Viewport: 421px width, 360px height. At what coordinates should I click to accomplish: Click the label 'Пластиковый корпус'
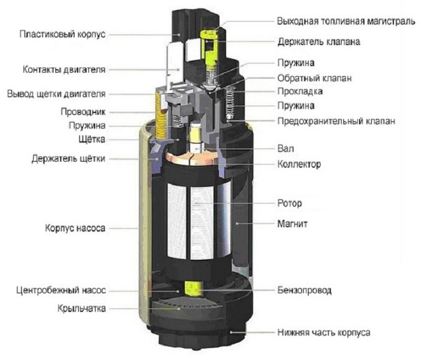(x=63, y=34)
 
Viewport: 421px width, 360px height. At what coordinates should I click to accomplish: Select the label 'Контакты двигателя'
(x=64, y=70)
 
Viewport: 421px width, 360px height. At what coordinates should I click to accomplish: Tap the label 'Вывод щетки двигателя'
(x=56, y=94)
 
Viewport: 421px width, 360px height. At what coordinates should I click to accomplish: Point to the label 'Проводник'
(x=83, y=112)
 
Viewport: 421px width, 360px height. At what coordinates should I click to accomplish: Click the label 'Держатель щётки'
(x=68, y=159)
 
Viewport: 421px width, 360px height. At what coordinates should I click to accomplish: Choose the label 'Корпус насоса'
(x=75, y=228)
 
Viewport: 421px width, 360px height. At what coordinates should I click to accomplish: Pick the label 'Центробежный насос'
(x=61, y=290)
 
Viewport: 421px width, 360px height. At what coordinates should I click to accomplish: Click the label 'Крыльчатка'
(x=82, y=308)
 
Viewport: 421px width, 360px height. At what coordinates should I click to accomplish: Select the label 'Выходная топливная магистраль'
(x=346, y=21)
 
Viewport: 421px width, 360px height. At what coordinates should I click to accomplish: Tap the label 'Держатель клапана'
(x=319, y=41)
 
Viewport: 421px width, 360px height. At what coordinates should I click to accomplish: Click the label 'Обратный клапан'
(x=315, y=78)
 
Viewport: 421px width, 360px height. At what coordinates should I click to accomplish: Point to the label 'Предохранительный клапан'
(x=336, y=121)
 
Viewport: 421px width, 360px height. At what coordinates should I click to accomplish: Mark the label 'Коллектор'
(x=299, y=163)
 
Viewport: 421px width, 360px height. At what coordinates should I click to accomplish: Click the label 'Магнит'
(x=292, y=224)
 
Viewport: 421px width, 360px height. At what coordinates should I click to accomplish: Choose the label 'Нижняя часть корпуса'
(x=324, y=332)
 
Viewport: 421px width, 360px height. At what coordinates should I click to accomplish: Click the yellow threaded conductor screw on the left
(x=161, y=115)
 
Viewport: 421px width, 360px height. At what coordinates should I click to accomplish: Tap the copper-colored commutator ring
(x=191, y=158)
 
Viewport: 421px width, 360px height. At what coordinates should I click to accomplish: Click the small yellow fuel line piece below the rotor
(x=192, y=289)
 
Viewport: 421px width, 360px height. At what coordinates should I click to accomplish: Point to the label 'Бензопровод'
(x=304, y=290)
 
